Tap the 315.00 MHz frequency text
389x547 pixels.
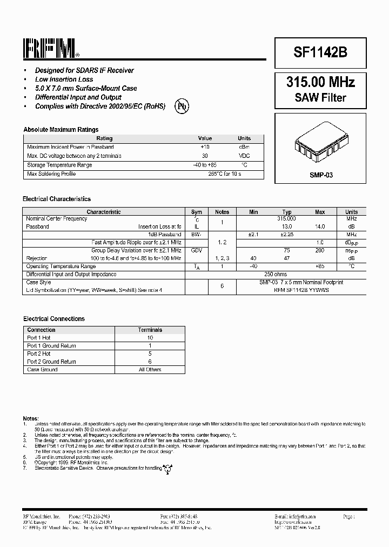(320, 83)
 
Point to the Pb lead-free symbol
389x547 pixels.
(182, 106)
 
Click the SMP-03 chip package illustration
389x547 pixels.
(320, 144)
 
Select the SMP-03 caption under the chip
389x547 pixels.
(320, 175)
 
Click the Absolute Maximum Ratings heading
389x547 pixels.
(61, 130)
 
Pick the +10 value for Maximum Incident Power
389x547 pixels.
(205, 147)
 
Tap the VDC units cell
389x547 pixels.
(244, 156)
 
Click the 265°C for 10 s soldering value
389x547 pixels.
(224, 174)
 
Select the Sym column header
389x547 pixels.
(197, 212)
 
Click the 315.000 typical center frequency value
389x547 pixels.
(286, 219)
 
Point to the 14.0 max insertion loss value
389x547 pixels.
(320, 227)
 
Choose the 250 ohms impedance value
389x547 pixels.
(276, 275)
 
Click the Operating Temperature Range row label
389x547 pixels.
(61, 266)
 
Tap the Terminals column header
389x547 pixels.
(150, 330)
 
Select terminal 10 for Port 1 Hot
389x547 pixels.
(150, 338)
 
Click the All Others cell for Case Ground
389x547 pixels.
(150, 370)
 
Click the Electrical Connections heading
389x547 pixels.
(53, 319)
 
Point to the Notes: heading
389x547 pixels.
(30, 419)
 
